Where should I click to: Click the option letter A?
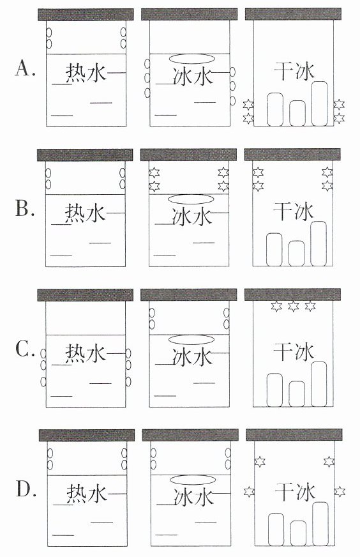tap(25, 68)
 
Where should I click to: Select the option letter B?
tap(25, 208)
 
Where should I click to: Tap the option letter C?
tap(25, 349)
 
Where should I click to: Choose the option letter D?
tap(26, 489)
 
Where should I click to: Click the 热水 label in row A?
tap(86, 73)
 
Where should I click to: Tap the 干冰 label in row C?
tap(294, 352)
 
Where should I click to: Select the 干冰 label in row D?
tap(296, 492)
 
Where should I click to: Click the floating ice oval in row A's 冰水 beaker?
tap(191, 58)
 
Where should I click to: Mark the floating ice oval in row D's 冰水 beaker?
tap(193, 480)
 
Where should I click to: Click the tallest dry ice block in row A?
tap(320, 103)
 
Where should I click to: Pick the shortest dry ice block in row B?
tap(296, 254)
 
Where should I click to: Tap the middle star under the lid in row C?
tap(293, 306)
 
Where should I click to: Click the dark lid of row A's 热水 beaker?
tap(86, 15)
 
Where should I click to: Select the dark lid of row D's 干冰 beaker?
tap(294, 435)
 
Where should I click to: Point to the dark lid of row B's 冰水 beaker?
tap(188, 155)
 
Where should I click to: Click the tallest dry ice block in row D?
tap(320, 524)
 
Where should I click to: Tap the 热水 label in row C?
tap(86, 353)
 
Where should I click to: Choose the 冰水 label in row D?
tap(194, 496)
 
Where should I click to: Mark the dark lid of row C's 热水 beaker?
tap(85, 295)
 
